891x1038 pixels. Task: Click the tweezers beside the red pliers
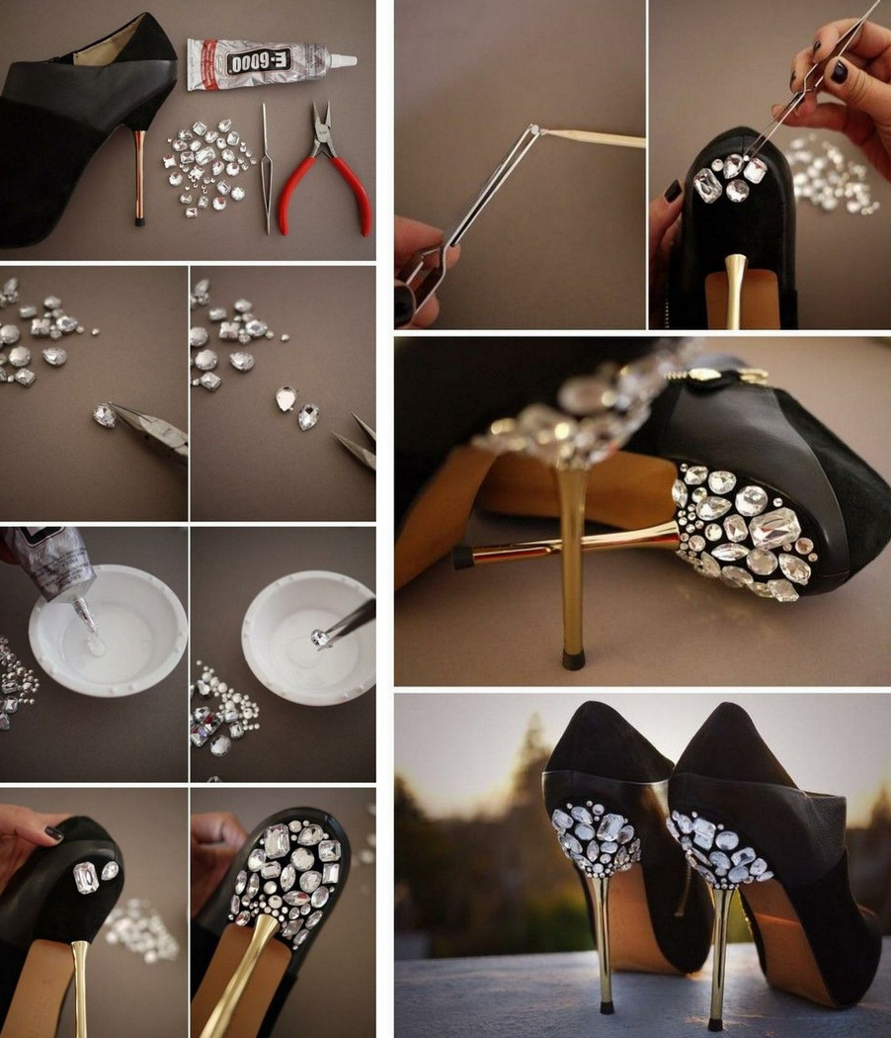coord(266,169)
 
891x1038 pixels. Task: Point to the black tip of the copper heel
coord(140,221)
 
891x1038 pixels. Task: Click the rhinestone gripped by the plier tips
coord(105,415)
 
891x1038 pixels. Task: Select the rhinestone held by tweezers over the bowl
coord(320,639)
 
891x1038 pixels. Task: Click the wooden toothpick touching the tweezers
coord(593,137)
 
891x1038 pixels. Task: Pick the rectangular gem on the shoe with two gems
coord(86,878)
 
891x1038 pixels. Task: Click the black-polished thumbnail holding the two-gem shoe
coord(54,834)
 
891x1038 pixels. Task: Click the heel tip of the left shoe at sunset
coord(604,1008)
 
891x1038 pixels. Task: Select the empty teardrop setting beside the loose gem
coord(285,399)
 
